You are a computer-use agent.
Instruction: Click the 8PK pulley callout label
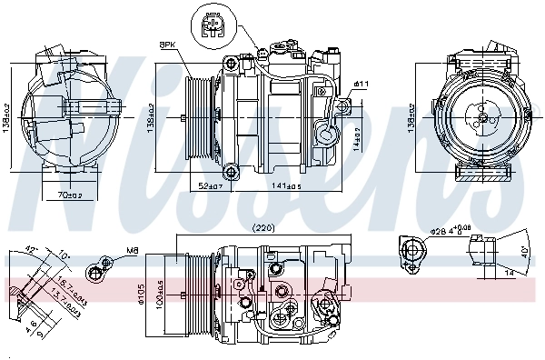[168, 44]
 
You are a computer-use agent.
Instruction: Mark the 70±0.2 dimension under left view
[70, 194]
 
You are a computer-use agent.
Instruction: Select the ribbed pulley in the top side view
[198, 115]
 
